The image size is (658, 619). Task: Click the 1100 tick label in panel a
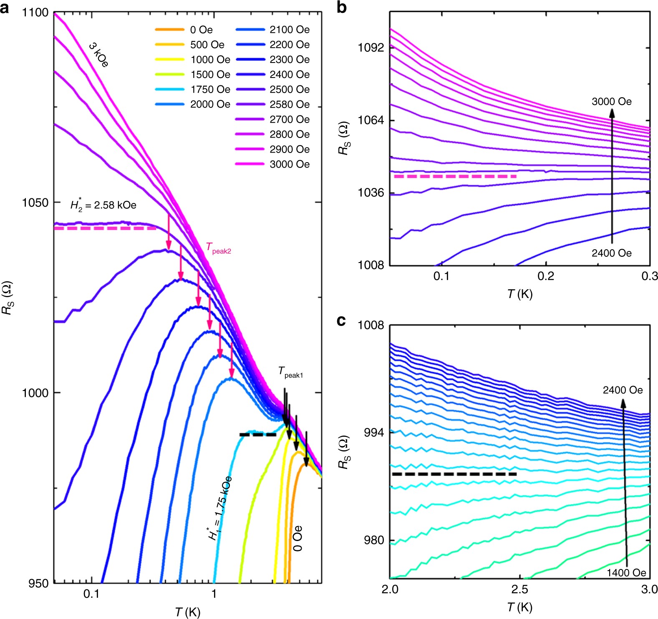[x=35, y=13]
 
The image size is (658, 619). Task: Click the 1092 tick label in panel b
[x=371, y=48]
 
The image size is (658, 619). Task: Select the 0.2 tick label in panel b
[x=545, y=276]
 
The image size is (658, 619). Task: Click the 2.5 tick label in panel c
[x=519, y=590]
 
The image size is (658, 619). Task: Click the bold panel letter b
[x=341, y=8]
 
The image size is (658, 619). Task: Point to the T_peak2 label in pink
[x=218, y=248]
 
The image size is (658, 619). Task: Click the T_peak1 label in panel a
[x=290, y=372]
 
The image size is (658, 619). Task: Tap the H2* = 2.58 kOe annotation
[x=103, y=205]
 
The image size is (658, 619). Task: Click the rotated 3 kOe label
[x=99, y=55]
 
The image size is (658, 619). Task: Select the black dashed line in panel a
[x=258, y=435]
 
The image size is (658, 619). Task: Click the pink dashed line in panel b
[x=455, y=177]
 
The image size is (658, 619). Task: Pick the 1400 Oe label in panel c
[x=626, y=573]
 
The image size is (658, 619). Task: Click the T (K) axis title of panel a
[x=188, y=612]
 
